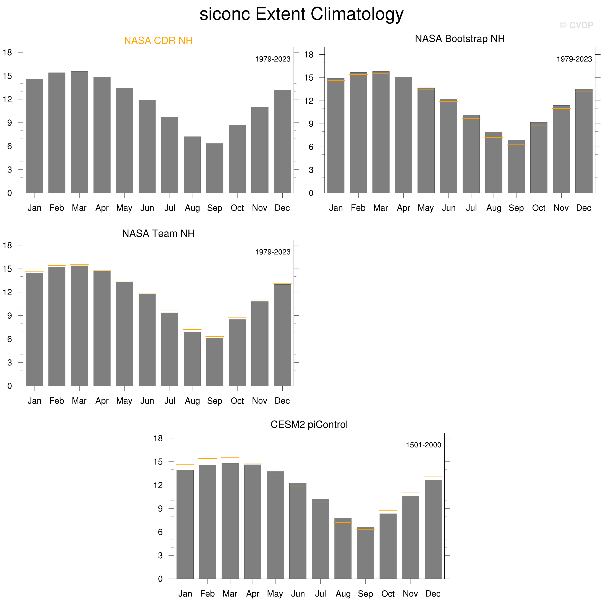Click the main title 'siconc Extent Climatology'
click(301, 14)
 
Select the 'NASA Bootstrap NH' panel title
click(460, 39)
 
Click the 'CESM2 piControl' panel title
click(309, 425)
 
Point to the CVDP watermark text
click(576, 25)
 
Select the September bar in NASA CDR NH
click(215, 168)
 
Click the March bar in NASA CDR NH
click(79, 132)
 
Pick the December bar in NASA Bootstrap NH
click(584, 141)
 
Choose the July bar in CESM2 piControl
click(320, 539)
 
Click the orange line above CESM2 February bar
click(208, 458)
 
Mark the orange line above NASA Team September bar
click(215, 336)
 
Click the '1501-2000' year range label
click(423, 445)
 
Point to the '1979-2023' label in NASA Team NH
click(273, 252)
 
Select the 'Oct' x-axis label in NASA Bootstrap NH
click(539, 208)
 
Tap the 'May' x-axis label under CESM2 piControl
click(275, 594)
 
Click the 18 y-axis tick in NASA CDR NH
click(8, 53)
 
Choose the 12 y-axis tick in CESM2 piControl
click(158, 485)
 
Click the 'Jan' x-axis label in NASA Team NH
click(34, 401)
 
